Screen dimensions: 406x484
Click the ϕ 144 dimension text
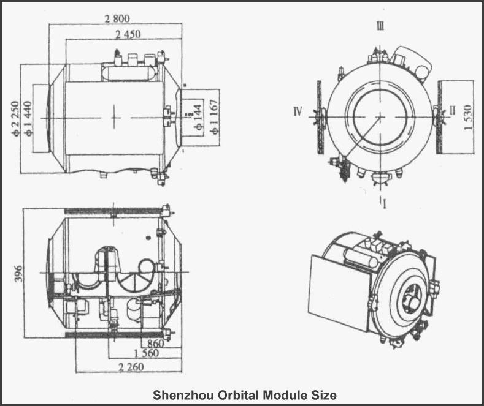198,116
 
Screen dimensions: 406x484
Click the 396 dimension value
17,272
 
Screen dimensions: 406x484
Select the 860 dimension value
156,344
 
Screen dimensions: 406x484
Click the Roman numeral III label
380,26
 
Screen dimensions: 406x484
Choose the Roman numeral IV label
298,111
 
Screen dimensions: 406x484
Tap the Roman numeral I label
384,203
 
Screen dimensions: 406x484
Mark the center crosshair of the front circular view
380,115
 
